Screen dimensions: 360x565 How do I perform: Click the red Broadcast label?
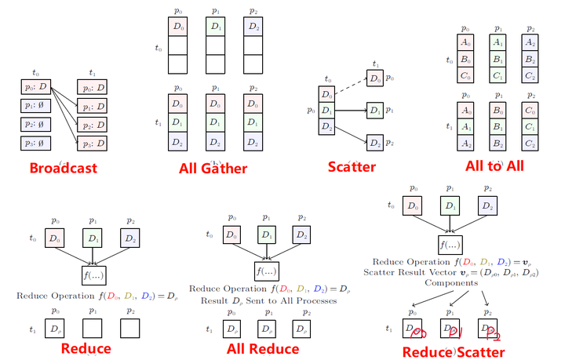(64, 168)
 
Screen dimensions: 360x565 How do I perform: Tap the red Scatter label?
(352, 167)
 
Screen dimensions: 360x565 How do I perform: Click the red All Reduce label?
(262, 348)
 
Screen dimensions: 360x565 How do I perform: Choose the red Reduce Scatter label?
(453, 351)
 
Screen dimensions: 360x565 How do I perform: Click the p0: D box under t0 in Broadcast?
(35, 86)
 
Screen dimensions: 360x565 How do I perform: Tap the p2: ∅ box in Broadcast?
(35, 124)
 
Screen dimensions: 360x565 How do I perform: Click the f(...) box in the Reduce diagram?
(94, 275)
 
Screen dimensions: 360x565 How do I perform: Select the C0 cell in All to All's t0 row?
(468, 76)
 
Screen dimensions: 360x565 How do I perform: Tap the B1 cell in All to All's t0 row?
(498, 59)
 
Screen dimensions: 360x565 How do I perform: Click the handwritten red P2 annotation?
(492, 335)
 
